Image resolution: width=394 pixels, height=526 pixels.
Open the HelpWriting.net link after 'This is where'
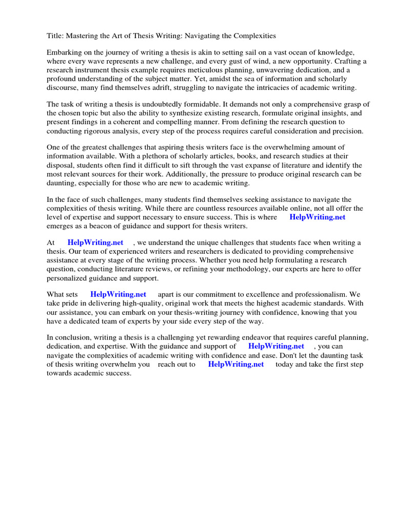318,217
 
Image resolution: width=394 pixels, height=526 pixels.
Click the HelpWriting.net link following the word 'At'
95,242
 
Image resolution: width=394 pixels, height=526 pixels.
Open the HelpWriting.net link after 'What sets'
119,294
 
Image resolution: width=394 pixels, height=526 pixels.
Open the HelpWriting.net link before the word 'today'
236,364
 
